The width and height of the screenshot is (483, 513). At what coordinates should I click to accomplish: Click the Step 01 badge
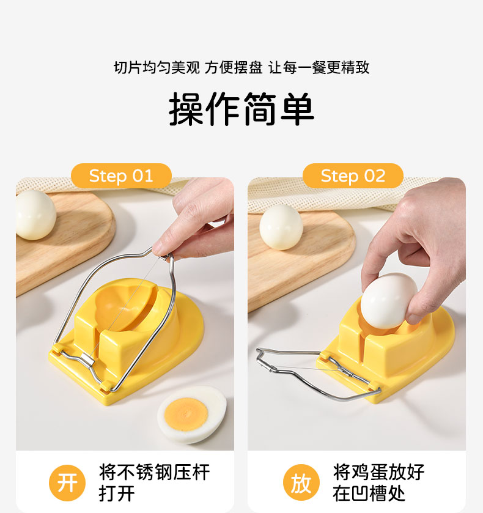pyautogui.click(x=121, y=176)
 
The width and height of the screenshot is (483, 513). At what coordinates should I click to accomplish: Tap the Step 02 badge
pyautogui.click(x=353, y=176)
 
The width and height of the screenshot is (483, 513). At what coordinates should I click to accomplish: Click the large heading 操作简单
pyautogui.click(x=242, y=109)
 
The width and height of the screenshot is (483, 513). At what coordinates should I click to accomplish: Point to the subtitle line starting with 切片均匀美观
pyautogui.click(x=242, y=68)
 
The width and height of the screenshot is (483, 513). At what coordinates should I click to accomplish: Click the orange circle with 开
pyautogui.click(x=67, y=483)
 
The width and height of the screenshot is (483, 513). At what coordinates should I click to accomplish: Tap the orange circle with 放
pyautogui.click(x=301, y=483)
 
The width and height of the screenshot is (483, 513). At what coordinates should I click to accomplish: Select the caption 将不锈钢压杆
pyautogui.click(x=154, y=472)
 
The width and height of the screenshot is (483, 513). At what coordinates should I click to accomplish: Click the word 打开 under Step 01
pyautogui.click(x=117, y=493)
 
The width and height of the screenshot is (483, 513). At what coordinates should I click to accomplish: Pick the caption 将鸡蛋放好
pyautogui.click(x=378, y=472)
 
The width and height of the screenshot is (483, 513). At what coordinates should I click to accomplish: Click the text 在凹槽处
pyautogui.click(x=369, y=493)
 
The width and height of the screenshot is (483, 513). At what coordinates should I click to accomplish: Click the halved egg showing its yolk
pyautogui.click(x=193, y=414)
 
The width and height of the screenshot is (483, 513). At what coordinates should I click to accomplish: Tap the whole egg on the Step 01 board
pyautogui.click(x=35, y=215)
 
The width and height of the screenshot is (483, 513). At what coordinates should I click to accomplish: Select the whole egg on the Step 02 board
pyautogui.click(x=281, y=227)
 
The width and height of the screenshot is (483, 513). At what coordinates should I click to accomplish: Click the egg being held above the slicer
pyautogui.click(x=388, y=301)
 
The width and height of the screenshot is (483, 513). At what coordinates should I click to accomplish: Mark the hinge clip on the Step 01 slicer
pyautogui.click(x=87, y=359)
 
